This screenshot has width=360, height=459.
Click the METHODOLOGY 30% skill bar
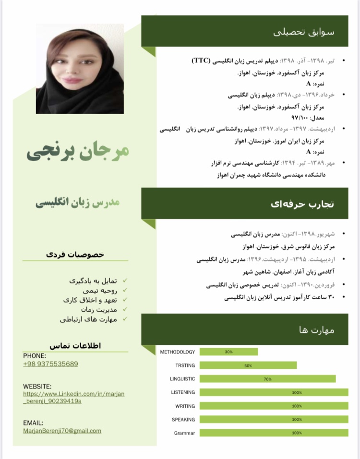pyautogui.click(x=228, y=352)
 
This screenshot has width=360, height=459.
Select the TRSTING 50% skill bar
pyautogui.click(x=248, y=365)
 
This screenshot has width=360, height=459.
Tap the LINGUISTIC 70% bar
pyautogui.click(x=267, y=379)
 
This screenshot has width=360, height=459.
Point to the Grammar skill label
pyautogui.click(x=184, y=433)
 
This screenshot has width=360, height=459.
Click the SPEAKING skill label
pyautogui.click(x=183, y=420)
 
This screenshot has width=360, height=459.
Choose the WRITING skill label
pyautogui.click(x=185, y=406)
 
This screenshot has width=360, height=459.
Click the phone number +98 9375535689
pyautogui.click(x=50, y=364)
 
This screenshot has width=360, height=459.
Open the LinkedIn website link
pyautogui.click(x=73, y=397)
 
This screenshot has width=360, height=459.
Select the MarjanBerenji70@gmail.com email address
pyautogui.click(x=62, y=430)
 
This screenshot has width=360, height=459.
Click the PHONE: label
pyautogui.click(x=35, y=356)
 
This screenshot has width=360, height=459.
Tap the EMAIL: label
pyautogui.click(x=33, y=423)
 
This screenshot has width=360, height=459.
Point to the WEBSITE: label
pyautogui.click(x=37, y=386)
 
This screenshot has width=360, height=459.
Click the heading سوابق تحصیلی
pyautogui.click(x=303, y=32)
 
